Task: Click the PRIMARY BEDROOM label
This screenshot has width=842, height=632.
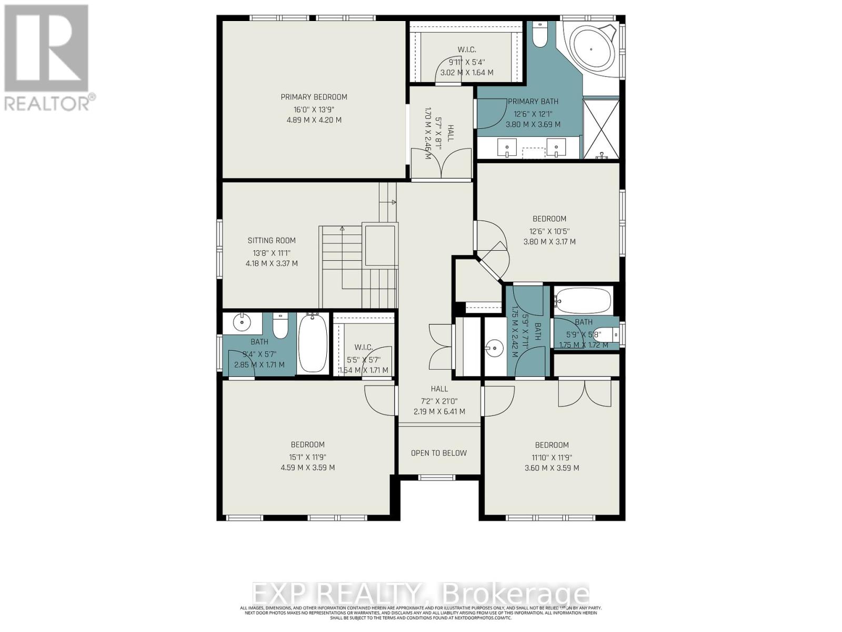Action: click(314, 97)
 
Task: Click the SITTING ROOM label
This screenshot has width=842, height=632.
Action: click(272, 241)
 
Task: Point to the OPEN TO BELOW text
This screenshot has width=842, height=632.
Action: click(439, 453)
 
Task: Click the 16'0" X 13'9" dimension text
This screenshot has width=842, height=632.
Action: click(314, 109)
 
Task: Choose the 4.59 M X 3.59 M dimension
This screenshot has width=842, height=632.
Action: click(308, 468)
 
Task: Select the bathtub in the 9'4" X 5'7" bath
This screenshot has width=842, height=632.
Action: click(313, 343)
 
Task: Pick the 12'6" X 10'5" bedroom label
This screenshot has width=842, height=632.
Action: click(549, 219)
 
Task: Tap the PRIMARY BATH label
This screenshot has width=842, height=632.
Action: click(533, 102)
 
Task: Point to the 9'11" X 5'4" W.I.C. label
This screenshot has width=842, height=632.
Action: click(467, 50)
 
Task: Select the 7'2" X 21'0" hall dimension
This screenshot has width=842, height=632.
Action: click(439, 400)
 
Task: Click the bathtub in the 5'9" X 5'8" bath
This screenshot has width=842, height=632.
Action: click(583, 301)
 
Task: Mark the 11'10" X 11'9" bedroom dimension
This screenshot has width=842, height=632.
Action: click(552, 458)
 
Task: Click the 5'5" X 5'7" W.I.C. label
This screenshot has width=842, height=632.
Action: click(363, 348)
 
